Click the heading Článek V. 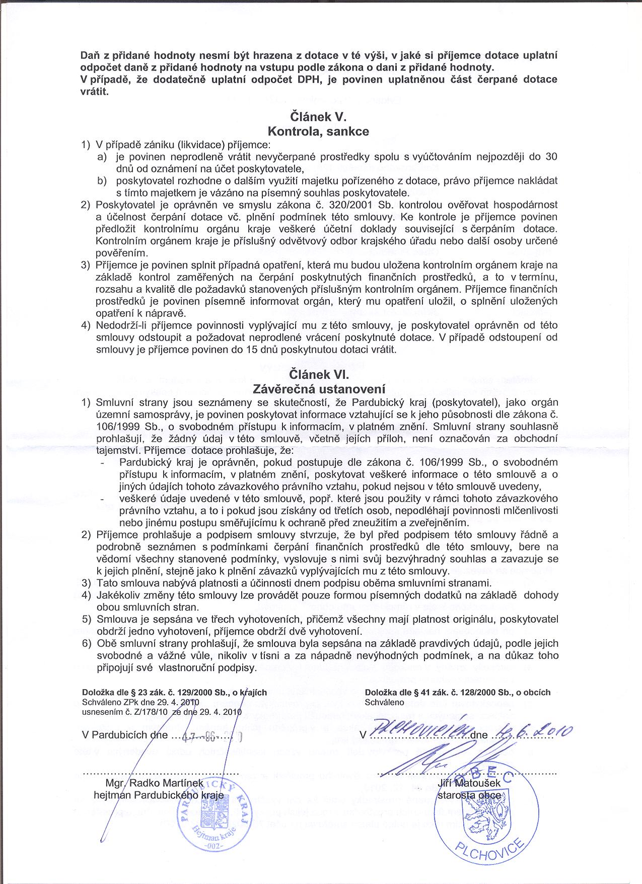318,117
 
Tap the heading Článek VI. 319,375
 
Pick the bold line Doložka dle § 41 458,693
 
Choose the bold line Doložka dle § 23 174,693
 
